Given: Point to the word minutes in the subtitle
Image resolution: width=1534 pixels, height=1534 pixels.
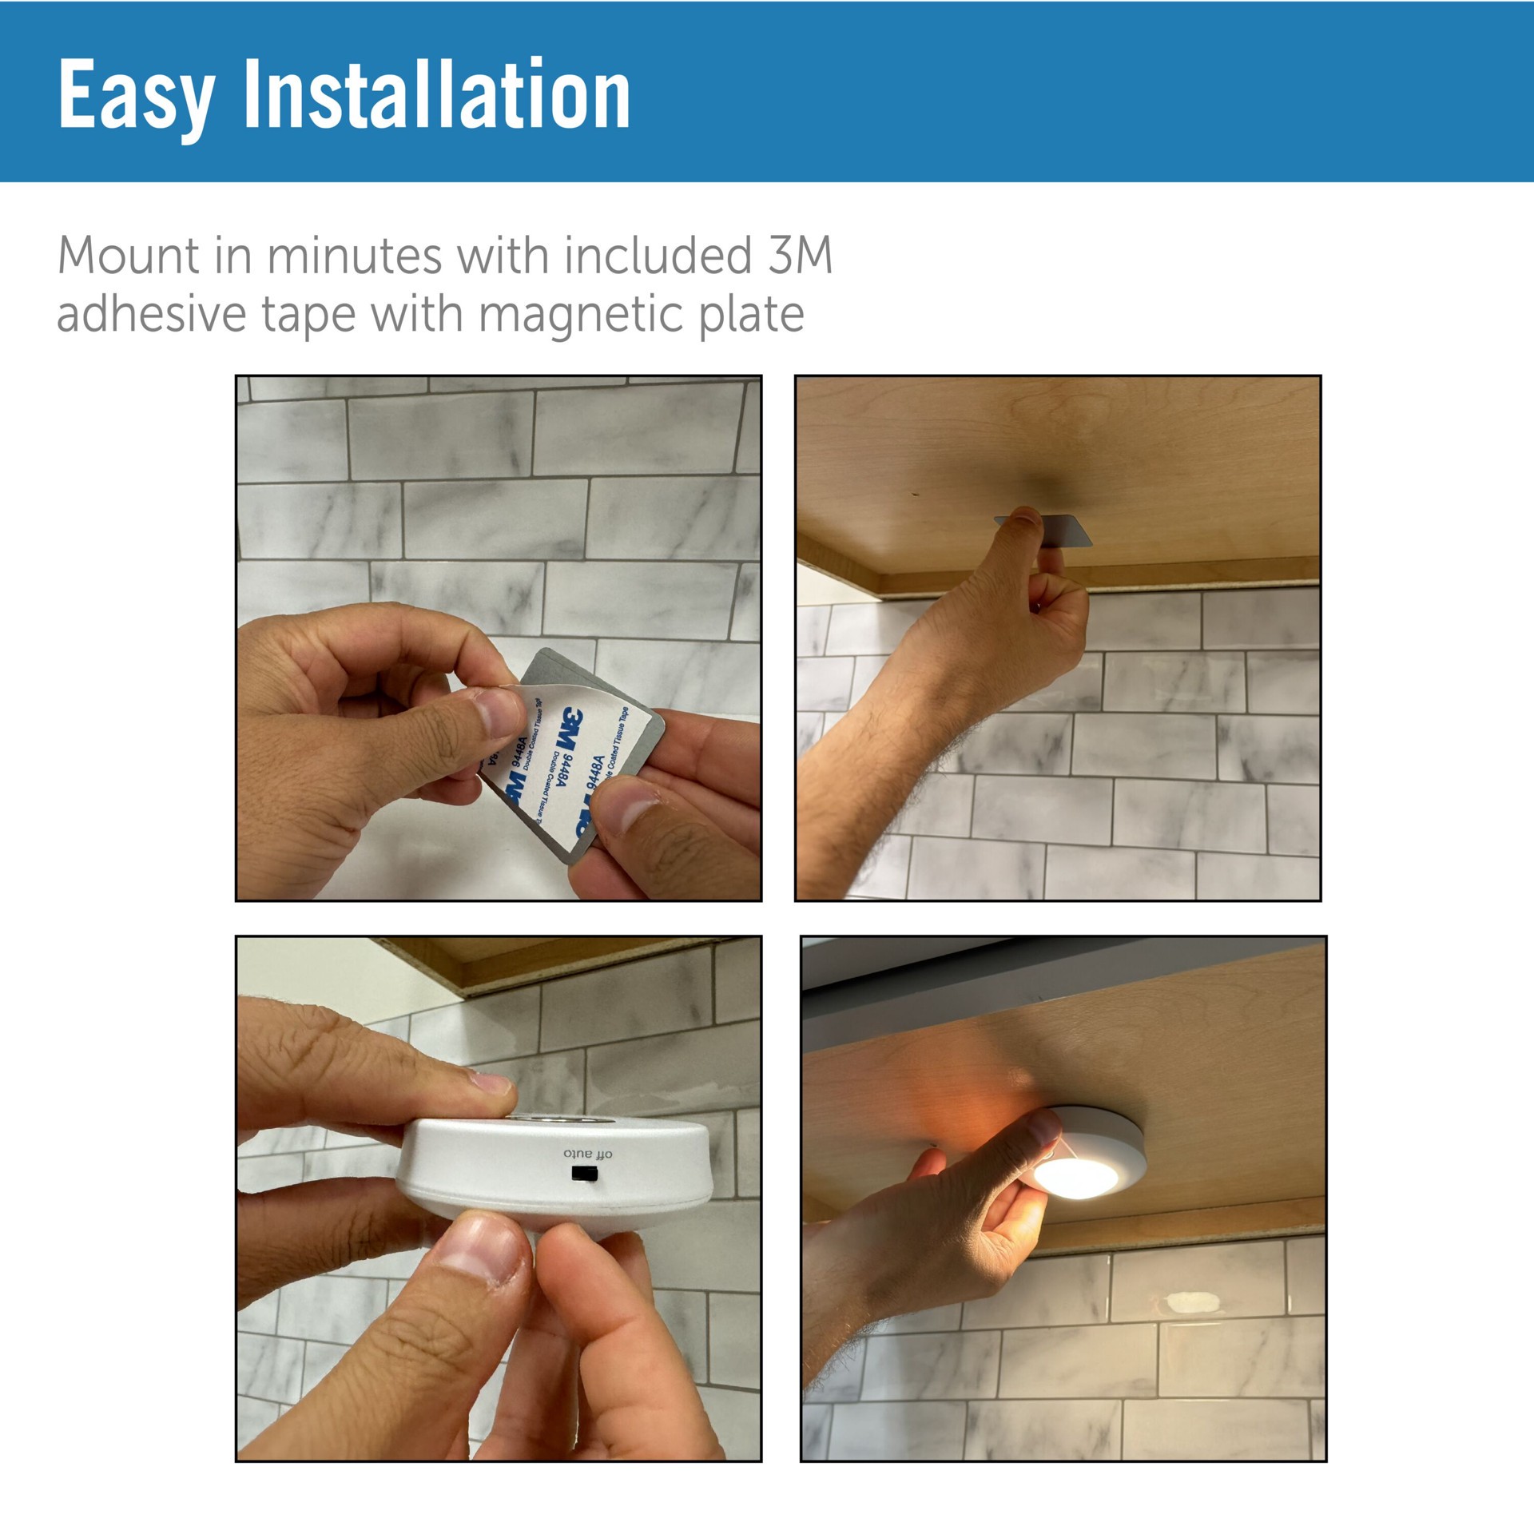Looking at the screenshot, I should [x=354, y=256].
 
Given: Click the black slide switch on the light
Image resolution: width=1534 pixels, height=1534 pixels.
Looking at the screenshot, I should [x=586, y=1174].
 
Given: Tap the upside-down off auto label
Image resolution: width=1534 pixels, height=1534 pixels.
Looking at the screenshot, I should [x=587, y=1154].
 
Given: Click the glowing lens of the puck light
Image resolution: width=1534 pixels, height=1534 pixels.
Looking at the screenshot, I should [x=1076, y=1176].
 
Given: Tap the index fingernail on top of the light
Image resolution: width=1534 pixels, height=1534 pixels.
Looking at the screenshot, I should [x=491, y=1085].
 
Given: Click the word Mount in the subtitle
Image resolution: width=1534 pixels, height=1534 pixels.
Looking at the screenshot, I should [x=128, y=256].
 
